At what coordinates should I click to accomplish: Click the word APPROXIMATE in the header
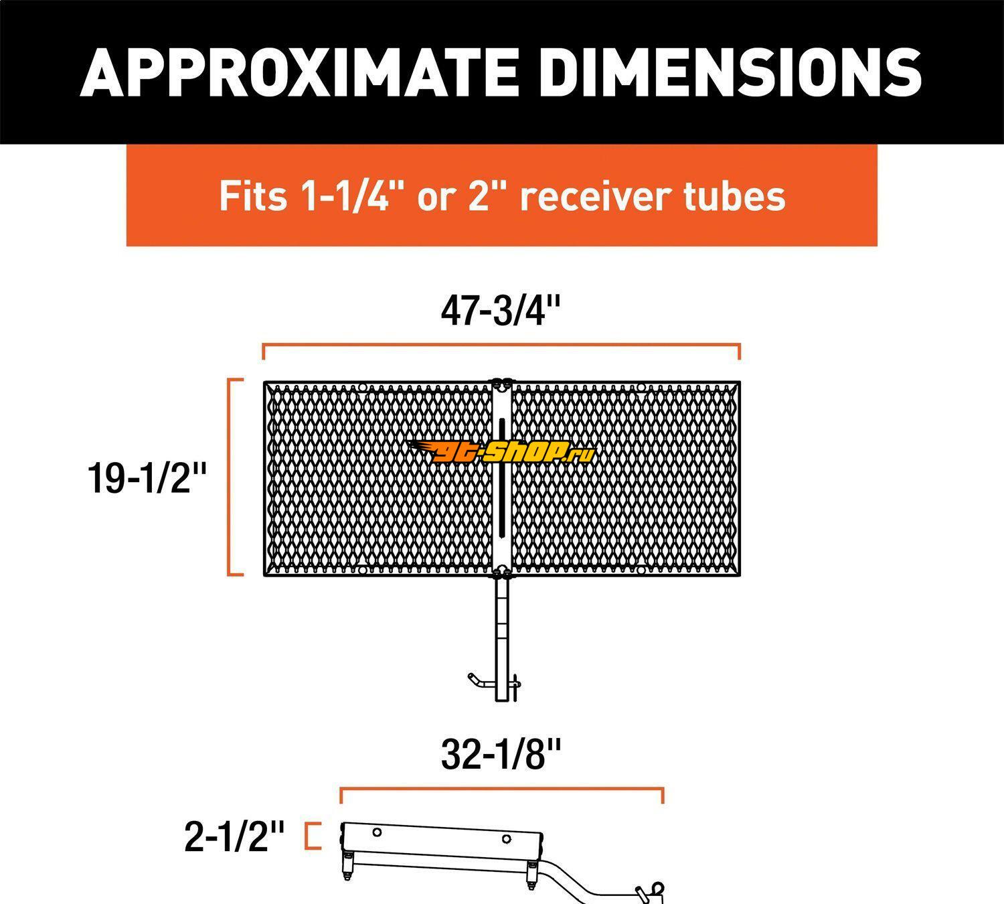point(299,72)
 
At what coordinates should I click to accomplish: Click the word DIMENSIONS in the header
point(730,72)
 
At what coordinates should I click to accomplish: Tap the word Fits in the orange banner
point(253,196)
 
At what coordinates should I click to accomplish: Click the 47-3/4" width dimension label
point(501,311)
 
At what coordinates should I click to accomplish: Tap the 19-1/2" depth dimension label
point(147,478)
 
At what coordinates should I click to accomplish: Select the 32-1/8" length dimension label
point(501,755)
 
